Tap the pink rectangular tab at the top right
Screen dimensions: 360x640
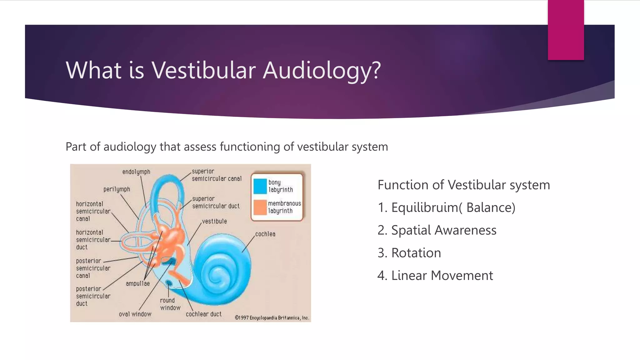coord(566,30)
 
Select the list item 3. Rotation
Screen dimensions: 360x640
coord(409,253)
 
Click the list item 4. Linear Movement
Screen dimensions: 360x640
coord(435,276)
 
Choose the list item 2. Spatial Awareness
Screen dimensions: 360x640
coord(437,230)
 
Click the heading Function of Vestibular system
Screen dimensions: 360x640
coord(463,185)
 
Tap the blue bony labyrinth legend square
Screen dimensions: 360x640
coord(260,186)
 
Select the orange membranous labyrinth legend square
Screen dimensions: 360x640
coord(260,207)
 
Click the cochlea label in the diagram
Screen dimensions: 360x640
coord(265,234)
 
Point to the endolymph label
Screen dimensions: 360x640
coord(136,172)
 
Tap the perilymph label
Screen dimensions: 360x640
coord(117,189)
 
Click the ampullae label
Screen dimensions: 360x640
coord(137,284)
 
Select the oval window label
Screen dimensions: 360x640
coord(135,314)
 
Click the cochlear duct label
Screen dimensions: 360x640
coord(203,314)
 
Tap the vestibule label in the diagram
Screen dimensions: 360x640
coord(214,221)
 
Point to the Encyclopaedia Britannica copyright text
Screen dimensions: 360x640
coord(272,318)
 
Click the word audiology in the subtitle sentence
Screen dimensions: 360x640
coord(130,147)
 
